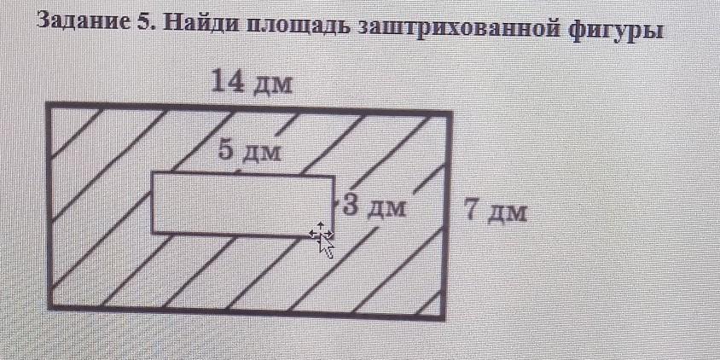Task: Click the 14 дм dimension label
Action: (x=253, y=83)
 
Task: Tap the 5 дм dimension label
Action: (x=249, y=151)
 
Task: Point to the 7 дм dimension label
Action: (x=496, y=210)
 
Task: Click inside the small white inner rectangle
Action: (x=239, y=203)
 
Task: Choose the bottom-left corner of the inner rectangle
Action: (x=154, y=231)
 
